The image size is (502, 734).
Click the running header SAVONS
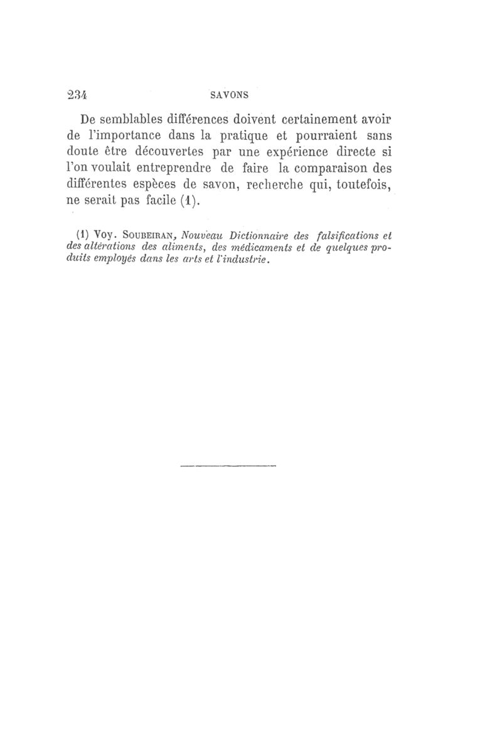coord(228,95)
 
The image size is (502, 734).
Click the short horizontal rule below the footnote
coord(228,466)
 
